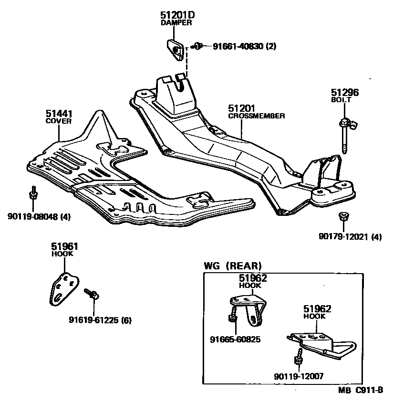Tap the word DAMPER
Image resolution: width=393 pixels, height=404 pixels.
176,22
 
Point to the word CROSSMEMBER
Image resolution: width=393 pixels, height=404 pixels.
257,116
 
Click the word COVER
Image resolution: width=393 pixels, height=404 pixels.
59,121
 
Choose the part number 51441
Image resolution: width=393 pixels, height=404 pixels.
59,114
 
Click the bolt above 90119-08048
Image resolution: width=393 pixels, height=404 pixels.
33,193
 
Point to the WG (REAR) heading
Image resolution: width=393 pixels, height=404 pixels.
233,266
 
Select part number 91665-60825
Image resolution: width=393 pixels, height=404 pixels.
236,340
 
